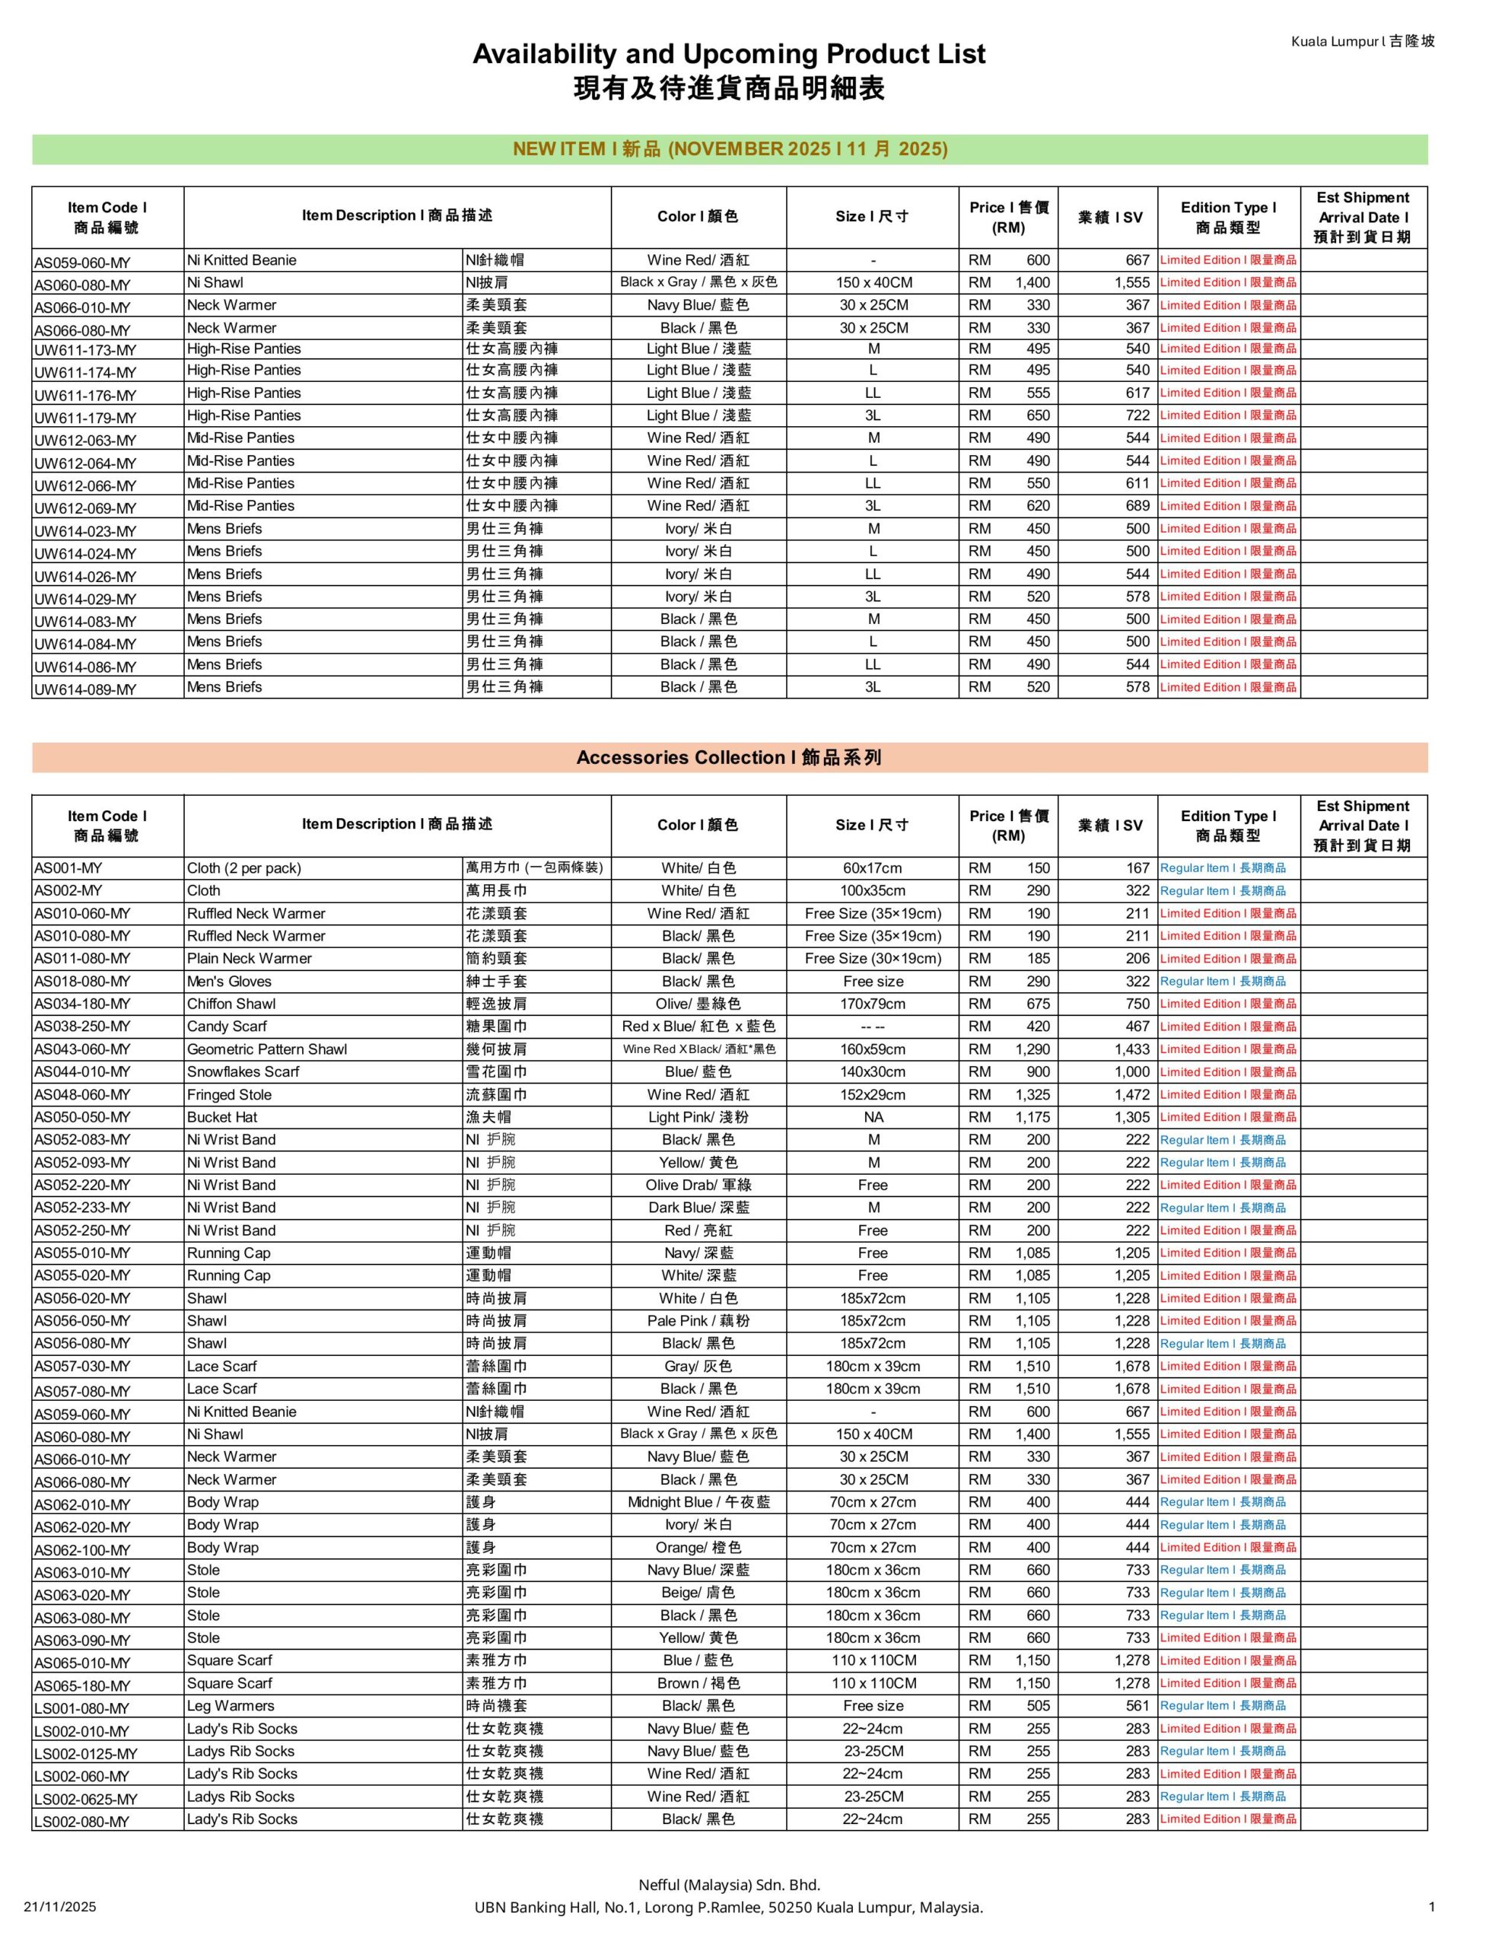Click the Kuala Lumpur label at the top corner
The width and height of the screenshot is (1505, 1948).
pos(1362,41)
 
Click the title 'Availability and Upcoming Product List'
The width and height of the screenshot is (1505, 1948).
pos(728,55)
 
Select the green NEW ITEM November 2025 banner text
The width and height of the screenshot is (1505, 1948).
pos(729,149)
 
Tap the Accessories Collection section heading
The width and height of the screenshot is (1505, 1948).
pos(728,757)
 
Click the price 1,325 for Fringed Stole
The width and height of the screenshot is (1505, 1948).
pos(1032,1094)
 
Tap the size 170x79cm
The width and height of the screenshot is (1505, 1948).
pos(873,1004)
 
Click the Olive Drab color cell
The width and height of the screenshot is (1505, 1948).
pos(698,1185)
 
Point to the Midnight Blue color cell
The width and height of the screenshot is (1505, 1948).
pos(698,1502)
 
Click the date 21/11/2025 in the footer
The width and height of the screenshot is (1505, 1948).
pos(60,1907)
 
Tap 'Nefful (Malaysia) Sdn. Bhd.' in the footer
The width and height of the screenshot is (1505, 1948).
pos(729,1885)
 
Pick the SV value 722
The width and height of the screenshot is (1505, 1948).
pos(1137,415)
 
